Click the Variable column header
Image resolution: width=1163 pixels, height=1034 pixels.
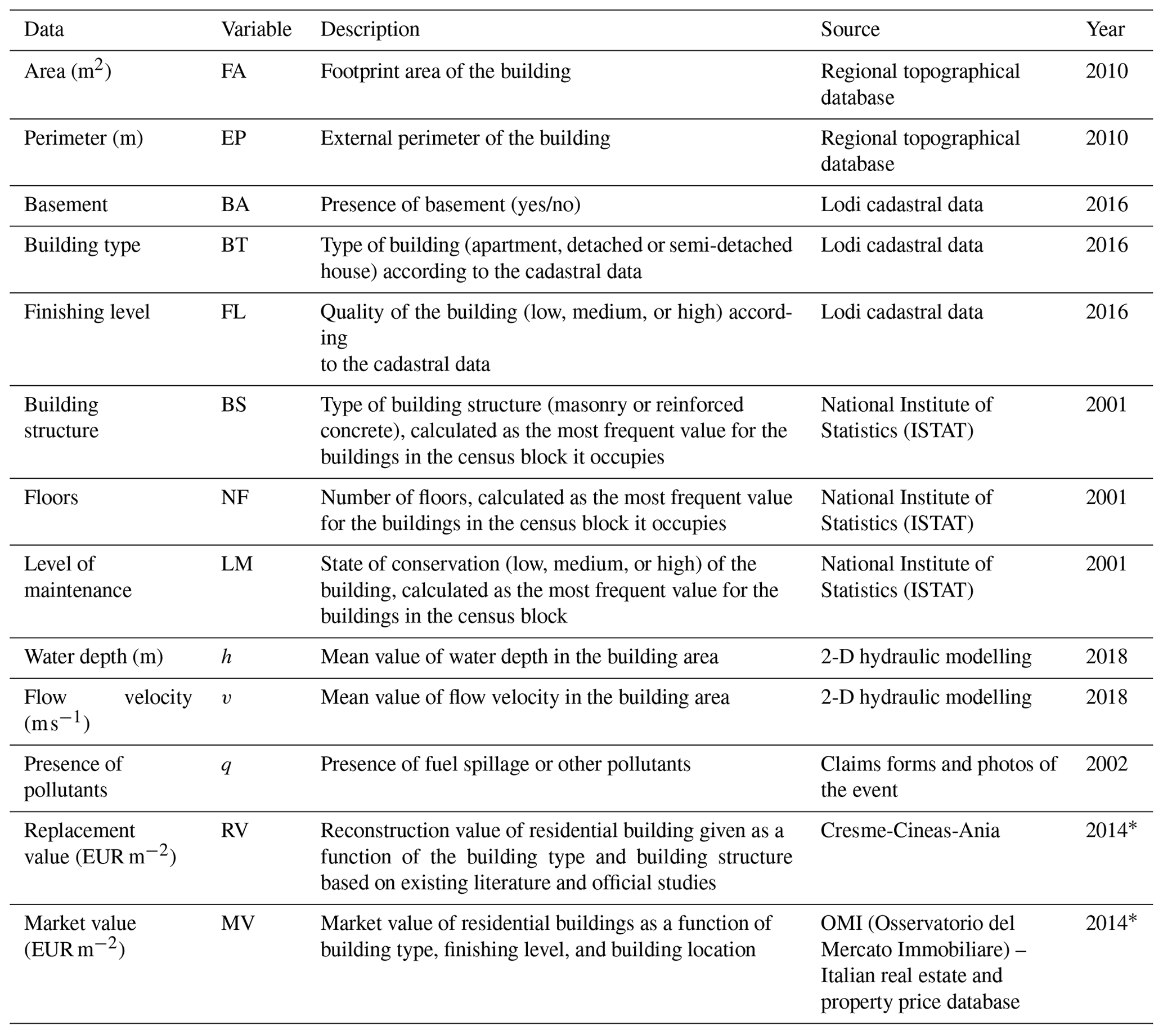click(256, 29)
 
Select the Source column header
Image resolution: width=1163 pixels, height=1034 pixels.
click(850, 29)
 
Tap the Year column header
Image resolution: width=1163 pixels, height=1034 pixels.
click(1105, 29)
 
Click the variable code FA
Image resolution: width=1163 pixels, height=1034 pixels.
click(234, 71)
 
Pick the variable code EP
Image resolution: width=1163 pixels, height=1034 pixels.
click(234, 138)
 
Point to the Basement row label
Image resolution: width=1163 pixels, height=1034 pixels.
click(65, 204)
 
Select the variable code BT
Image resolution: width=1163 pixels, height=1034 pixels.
click(234, 245)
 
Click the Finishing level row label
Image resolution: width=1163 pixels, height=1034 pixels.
click(87, 312)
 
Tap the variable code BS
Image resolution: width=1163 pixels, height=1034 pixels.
click(234, 405)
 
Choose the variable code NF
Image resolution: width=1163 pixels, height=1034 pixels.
click(235, 498)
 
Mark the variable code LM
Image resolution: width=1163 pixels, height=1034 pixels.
click(236, 564)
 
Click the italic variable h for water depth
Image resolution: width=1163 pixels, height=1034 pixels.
click(226, 657)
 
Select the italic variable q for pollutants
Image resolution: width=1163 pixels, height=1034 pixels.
click(226, 765)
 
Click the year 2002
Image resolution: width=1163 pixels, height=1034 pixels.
click(1106, 764)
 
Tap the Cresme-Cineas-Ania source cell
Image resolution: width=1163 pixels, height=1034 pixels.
click(909, 831)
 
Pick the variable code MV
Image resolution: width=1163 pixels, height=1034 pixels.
click(237, 923)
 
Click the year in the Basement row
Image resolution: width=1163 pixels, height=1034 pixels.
click(1106, 204)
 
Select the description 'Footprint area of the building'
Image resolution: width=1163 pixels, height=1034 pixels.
click(445, 71)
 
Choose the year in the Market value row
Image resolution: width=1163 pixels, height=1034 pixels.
click(1110, 923)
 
